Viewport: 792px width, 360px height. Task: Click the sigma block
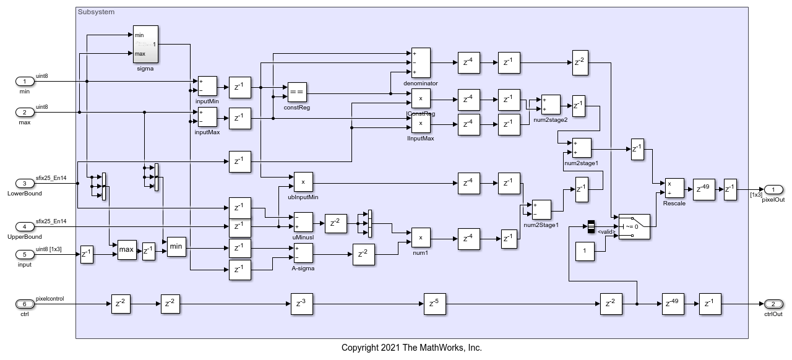[x=145, y=44]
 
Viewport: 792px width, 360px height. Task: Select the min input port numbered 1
[x=25, y=81]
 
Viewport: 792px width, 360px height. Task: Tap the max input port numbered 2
[x=25, y=112]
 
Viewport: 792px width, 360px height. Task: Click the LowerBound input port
[x=25, y=183]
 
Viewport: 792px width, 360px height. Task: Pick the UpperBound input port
[x=25, y=226]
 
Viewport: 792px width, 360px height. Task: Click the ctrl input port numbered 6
[x=25, y=304]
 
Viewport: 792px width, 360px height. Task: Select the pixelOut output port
[x=773, y=189]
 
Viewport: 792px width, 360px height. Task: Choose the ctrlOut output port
[x=773, y=304]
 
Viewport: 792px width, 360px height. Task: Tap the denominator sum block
[x=421, y=62]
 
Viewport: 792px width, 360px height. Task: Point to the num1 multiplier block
[x=421, y=238]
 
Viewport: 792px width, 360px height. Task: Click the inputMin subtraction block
[x=207, y=87]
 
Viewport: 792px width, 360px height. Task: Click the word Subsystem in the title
[x=96, y=12]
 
